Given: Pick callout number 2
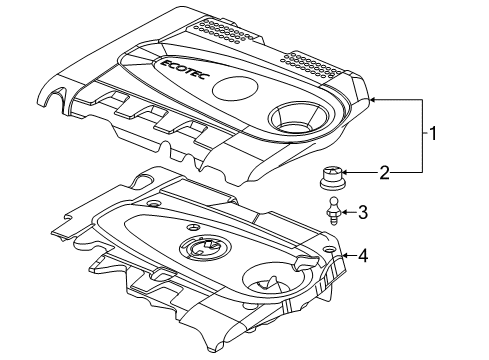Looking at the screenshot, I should pos(384,173).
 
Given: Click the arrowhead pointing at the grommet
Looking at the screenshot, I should pos(344,174).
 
